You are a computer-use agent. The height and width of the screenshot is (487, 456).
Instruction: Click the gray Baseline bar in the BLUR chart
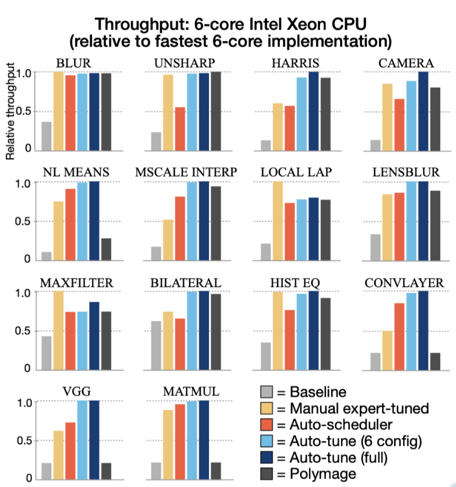click(x=47, y=137)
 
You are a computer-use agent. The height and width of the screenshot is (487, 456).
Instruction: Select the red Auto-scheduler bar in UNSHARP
click(x=180, y=129)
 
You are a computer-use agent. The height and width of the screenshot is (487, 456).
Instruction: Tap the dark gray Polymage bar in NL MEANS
click(x=106, y=249)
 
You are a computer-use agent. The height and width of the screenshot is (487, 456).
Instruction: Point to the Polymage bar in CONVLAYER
click(x=435, y=361)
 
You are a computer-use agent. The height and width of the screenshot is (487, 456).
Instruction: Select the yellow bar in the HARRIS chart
click(x=277, y=127)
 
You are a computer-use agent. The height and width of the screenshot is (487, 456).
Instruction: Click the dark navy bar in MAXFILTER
click(x=94, y=336)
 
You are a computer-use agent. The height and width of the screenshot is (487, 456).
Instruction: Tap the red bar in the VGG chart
click(x=70, y=450)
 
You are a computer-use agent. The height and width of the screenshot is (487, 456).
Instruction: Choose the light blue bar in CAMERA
click(x=411, y=116)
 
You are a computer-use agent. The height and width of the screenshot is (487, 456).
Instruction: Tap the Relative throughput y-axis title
click(x=10, y=113)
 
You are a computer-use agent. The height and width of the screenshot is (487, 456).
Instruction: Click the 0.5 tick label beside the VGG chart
click(x=25, y=440)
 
